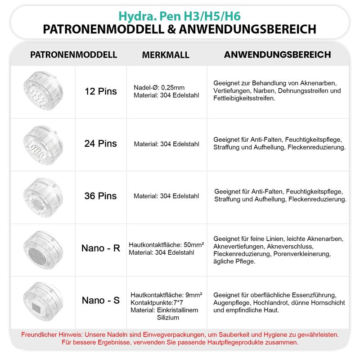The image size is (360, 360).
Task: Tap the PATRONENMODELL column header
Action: tap(74, 55)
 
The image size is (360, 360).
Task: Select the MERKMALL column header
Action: tap(166, 55)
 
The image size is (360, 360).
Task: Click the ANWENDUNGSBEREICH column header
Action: tap(277, 55)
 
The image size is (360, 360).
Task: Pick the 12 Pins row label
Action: tap(101, 91)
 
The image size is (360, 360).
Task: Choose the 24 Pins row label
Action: tap(101, 144)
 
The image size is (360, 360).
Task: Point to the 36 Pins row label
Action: tap(101, 196)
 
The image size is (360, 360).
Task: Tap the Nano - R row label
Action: tap(101, 248)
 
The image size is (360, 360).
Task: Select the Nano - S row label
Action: tap(101, 300)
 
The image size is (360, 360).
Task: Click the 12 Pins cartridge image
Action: tap(42, 91)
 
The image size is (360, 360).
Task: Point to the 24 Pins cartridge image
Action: tap(42, 144)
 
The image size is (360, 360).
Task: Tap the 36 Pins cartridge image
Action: tap(42, 196)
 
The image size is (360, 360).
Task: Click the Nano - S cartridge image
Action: tap(42, 300)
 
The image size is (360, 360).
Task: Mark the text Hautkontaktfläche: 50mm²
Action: tap(166, 245)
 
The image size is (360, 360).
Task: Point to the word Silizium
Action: tap(168, 318)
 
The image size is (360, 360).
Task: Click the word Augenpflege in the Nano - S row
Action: tap(232, 302)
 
